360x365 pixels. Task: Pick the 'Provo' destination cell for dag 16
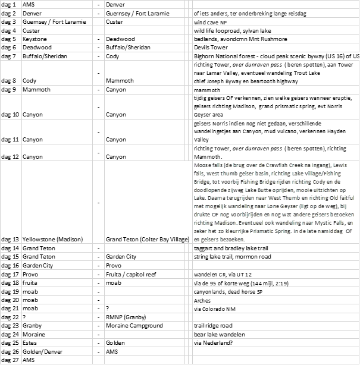115,265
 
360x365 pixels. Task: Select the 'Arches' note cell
204,301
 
